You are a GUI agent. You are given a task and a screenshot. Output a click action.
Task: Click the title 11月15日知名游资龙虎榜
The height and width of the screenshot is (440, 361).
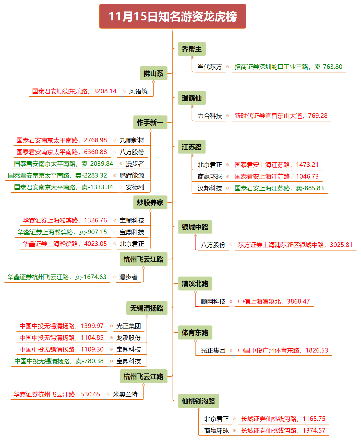point(173,16)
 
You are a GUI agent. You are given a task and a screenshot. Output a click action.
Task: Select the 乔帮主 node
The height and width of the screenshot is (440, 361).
point(192,49)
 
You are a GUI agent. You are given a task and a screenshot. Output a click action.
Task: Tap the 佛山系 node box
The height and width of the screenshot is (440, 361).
point(153,73)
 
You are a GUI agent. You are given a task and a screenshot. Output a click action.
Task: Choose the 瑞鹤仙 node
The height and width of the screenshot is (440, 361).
point(192,98)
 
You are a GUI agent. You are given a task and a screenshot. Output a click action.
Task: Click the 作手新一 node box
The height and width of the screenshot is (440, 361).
point(150,122)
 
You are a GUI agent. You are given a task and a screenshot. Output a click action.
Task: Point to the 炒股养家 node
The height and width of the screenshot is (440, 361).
point(150,203)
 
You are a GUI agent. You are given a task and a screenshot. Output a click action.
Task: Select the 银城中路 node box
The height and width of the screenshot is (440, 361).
point(195,227)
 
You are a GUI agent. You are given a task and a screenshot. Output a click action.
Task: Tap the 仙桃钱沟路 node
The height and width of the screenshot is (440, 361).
point(198,401)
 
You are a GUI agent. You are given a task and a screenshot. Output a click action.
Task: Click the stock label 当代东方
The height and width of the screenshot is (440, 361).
point(210,67)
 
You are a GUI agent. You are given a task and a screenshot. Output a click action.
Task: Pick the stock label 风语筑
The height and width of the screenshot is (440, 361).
point(138,91)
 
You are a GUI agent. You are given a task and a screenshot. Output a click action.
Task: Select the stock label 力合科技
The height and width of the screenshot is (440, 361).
point(210,116)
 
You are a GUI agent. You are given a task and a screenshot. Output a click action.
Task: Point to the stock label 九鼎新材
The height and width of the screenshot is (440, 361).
point(132,140)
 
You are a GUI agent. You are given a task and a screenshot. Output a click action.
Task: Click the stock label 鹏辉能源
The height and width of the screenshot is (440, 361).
point(132,175)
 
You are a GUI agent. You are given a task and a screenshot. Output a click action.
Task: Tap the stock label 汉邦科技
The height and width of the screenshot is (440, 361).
point(210,188)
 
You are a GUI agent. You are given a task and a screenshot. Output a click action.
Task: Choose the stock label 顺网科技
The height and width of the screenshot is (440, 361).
point(213,301)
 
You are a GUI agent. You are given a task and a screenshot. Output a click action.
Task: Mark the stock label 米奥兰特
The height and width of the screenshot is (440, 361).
point(125,394)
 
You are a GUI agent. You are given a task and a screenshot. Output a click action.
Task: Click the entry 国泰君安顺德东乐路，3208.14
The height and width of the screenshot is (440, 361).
point(74,91)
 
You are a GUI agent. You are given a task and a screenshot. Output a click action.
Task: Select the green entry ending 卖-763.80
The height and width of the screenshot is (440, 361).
point(288,67)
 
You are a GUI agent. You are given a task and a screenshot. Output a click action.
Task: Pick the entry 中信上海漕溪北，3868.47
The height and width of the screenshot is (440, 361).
point(274,301)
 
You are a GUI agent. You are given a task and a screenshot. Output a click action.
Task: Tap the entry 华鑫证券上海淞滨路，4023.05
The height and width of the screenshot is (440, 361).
point(65,244)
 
